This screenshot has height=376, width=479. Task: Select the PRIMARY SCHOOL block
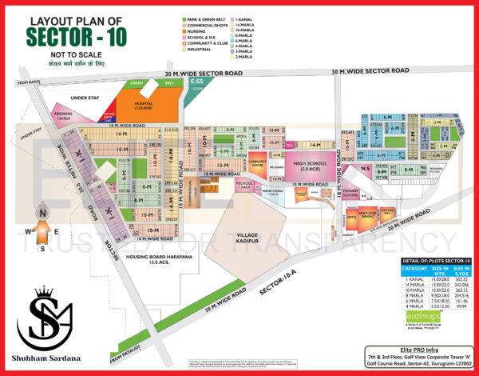tap(350, 193)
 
